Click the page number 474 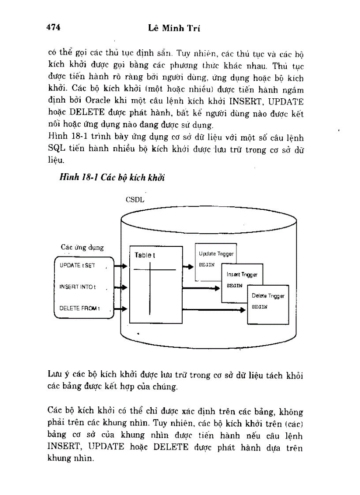[x=53, y=28]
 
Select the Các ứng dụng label [x=82, y=247]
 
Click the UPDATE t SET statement [x=78, y=266]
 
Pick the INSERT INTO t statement [x=78, y=287]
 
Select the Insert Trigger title [x=242, y=275]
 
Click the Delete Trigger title [x=268, y=296]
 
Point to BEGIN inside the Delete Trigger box [x=259, y=307]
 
